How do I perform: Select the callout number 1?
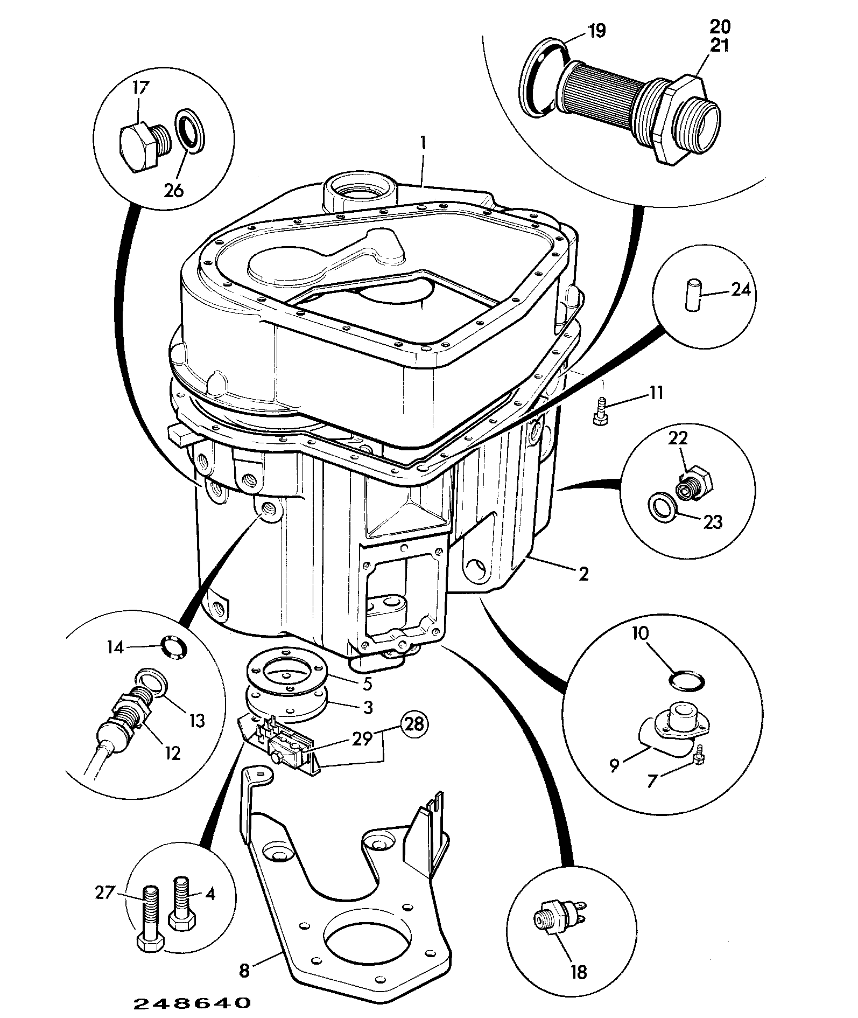[424, 143]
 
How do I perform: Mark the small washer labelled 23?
[661, 506]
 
